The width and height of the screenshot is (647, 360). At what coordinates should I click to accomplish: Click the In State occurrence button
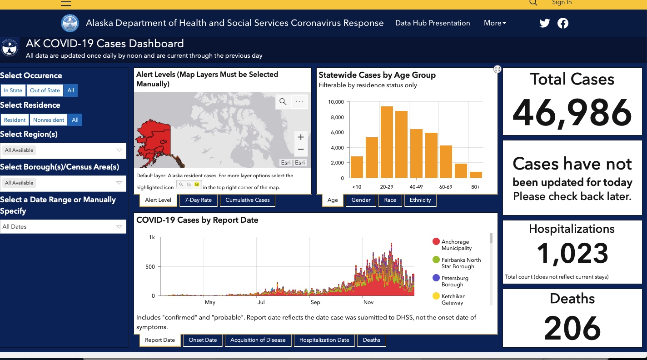[x=13, y=90]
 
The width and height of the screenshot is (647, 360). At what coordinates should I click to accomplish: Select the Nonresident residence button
[x=49, y=120]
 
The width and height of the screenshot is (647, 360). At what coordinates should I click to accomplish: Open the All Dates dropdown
[x=63, y=226]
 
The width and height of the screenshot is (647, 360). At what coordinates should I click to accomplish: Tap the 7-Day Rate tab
[x=198, y=200]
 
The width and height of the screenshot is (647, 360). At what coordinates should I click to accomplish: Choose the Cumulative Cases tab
[x=248, y=200]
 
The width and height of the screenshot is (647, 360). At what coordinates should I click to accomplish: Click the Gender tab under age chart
[x=361, y=200]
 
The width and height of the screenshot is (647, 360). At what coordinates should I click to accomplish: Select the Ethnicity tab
[x=420, y=200]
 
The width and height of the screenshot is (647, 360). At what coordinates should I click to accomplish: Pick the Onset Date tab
[x=203, y=340]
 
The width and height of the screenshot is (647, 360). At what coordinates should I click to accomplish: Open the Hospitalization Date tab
[x=324, y=340]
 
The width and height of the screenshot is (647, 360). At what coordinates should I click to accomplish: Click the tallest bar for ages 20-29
[x=387, y=142]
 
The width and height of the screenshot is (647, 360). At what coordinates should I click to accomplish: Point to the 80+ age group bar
[x=476, y=175]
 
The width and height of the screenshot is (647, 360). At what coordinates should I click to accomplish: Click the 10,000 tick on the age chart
[x=336, y=102]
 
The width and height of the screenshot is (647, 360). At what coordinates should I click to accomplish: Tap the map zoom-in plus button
[x=301, y=137]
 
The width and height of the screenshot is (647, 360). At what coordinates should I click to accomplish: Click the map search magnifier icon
[x=283, y=101]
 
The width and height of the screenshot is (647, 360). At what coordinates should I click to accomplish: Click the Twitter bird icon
[x=544, y=23]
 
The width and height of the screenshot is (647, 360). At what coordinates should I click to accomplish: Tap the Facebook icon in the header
[x=562, y=23]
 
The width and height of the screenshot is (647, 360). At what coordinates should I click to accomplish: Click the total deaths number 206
[x=572, y=328]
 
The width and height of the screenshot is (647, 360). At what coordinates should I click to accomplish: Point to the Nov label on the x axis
[x=368, y=302]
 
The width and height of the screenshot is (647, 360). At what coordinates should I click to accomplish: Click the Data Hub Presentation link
[x=433, y=23]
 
